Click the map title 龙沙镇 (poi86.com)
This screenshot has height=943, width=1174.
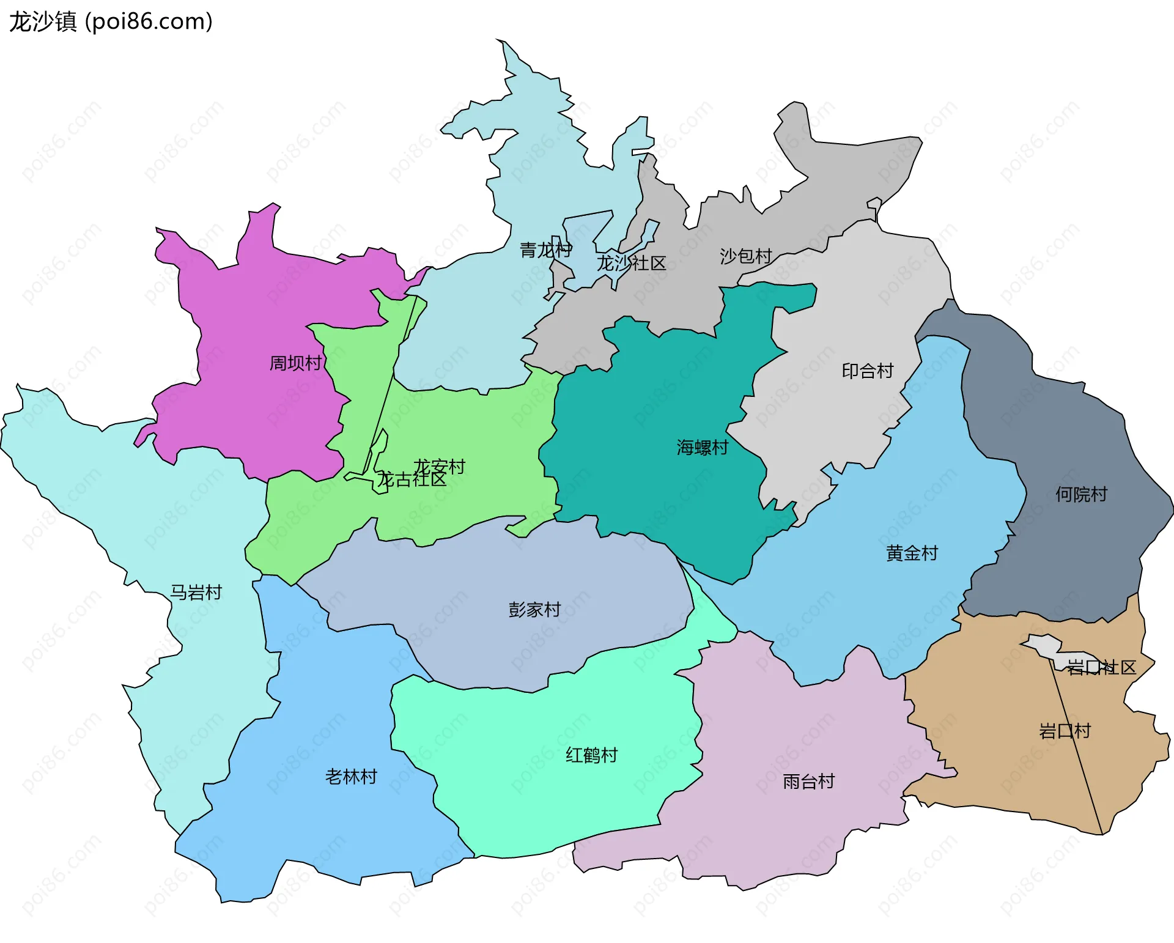click(111, 22)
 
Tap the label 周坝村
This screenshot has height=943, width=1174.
click(295, 363)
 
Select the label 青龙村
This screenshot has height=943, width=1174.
click(545, 250)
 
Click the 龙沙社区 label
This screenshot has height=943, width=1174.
click(631, 264)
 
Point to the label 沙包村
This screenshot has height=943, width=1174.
click(746, 256)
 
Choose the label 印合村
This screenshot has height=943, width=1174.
click(867, 371)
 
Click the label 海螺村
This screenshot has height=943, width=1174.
click(702, 448)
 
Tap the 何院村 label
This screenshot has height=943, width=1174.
click(1081, 495)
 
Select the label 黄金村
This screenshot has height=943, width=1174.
click(912, 553)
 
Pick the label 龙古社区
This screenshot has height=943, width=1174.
click(411, 480)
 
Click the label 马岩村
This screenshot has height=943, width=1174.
click(196, 593)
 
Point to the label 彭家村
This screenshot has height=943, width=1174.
click(534, 610)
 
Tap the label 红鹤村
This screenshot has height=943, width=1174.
click(591, 755)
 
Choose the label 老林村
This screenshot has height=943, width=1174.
click(351, 777)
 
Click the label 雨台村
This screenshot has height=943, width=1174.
click(808, 782)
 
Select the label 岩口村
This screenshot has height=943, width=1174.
click(1065, 731)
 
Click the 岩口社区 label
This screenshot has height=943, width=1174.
click(1101, 668)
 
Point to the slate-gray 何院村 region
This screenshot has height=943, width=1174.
click(1064, 440)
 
